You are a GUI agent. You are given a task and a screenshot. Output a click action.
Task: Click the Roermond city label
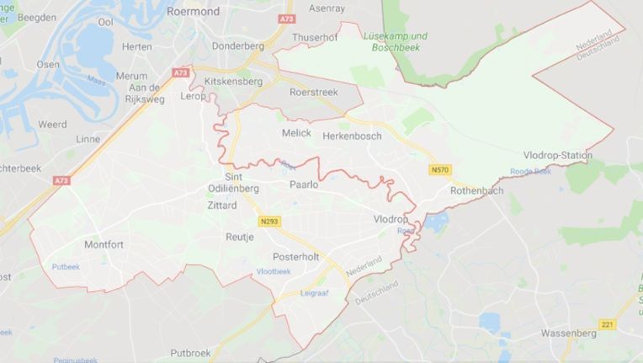[194, 12]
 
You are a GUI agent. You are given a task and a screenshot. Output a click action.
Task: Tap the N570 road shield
[438, 170]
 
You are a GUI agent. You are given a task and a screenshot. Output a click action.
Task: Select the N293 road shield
[269, 222]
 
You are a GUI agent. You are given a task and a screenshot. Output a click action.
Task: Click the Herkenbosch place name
[352, 136]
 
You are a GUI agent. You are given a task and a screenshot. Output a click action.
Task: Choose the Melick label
[296, 133]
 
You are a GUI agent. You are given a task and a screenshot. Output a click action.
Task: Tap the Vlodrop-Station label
[557, 155]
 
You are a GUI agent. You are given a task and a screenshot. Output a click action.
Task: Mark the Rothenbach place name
[476, 191]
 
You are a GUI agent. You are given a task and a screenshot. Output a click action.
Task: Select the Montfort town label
[104, 244]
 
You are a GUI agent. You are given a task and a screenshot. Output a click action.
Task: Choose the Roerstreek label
[312, 91]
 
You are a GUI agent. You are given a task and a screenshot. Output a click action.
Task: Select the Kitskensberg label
[233, 81]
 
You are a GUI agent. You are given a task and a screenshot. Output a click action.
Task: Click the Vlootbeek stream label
[274, 271]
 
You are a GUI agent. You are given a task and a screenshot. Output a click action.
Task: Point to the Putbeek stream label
[65, 266]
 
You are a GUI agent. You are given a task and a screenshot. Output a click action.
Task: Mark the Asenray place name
[327, 8]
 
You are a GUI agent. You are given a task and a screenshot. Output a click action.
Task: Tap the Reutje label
[239, 238]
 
